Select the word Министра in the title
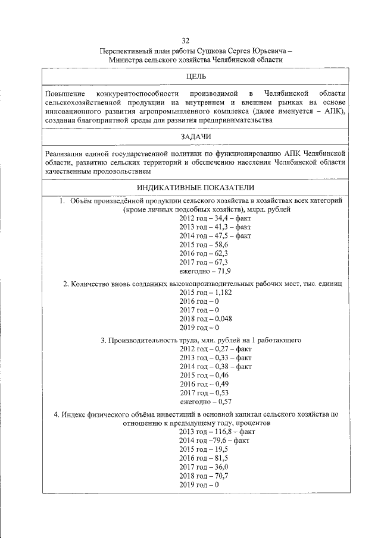[128, 60]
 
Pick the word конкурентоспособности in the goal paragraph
[135, 94]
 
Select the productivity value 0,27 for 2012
[217, 350]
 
